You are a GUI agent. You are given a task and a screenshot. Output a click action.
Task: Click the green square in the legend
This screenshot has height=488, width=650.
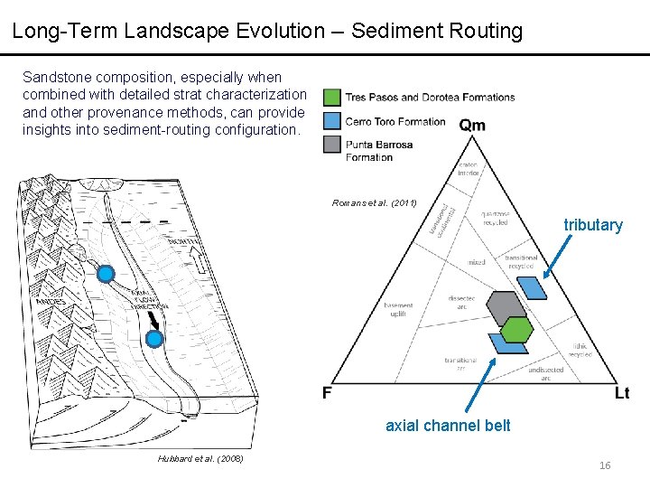click(332, 98)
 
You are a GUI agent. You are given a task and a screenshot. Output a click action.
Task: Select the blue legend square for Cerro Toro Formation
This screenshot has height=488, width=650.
click(332, 121)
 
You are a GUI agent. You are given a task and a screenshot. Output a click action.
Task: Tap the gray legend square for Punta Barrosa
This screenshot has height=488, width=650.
click(332, 145)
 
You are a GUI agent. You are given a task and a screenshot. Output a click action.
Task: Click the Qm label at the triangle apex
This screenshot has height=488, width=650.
click(471, 125)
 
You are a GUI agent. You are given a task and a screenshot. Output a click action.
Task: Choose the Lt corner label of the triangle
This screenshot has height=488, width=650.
click(622, 393)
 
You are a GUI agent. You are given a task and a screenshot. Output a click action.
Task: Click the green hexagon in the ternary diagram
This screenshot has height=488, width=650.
click(515, 329)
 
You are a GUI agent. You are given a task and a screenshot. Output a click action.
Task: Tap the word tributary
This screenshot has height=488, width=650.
click(593, 225)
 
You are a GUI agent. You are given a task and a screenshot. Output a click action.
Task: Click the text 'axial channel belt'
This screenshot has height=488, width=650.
click(448, 426)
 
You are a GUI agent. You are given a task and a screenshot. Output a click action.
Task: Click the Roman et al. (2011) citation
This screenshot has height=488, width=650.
click(375, 202)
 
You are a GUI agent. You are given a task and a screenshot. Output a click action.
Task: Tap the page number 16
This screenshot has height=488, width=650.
click(604, 465)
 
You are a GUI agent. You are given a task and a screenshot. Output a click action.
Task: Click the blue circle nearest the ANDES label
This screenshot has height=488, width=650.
click(106, 274)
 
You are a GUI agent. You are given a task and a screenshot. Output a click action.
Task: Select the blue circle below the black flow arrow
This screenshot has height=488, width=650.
click(154, 339)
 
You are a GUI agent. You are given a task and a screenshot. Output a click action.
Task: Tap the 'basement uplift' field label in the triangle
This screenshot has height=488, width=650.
click(398, 308)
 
